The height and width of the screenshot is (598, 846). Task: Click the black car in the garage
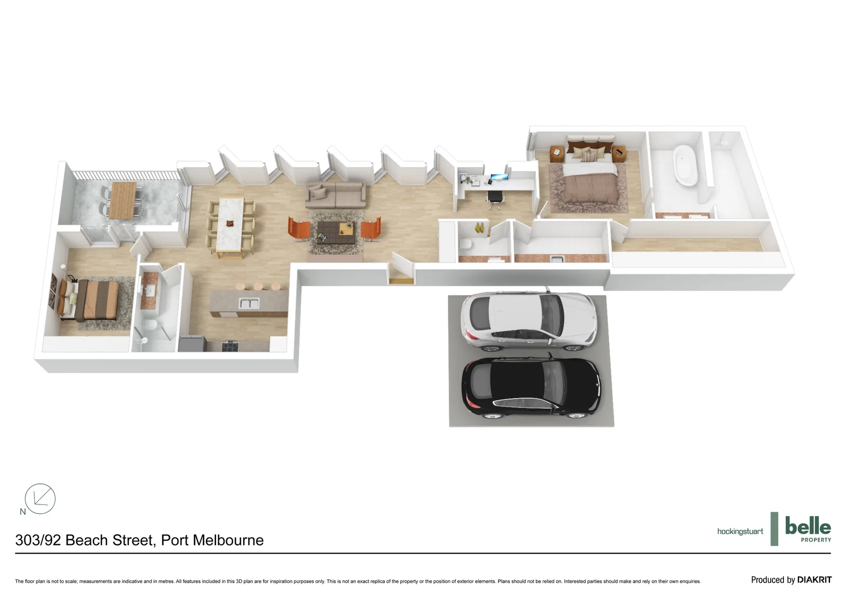point(530,388)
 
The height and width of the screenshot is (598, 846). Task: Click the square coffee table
point(336,233)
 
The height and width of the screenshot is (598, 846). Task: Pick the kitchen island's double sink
point(249,303)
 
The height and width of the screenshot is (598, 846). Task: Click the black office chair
point(496,199)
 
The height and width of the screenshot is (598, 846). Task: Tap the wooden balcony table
point(122,200)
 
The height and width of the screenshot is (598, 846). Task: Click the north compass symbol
point(40,498)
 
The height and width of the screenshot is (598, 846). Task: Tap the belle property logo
point(807,529)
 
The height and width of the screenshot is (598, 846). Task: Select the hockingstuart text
point(740,532)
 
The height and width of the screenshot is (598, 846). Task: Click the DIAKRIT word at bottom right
point(814,580)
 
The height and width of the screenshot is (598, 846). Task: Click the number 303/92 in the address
point(38,540)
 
